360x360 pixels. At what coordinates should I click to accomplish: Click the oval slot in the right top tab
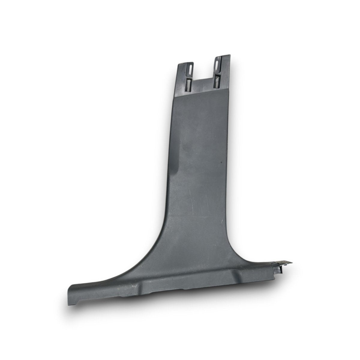(217, 63)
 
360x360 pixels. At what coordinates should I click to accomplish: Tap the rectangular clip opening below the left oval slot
(188, 84)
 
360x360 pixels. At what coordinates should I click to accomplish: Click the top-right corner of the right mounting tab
(230, 55)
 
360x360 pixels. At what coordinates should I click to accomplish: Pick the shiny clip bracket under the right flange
(282, 268)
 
